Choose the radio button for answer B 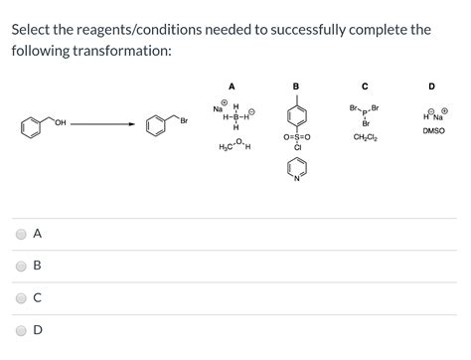click(22, 266)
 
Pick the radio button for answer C click(22, 297)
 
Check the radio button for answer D click(22, 329)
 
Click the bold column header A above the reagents click(232, 86)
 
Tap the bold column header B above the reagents click(296, 86)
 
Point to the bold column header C click(366, 86)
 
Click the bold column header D click(432, 86)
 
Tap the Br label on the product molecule click(184, 120)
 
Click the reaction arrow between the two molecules click(102, 124)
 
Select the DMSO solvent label click(433, 130)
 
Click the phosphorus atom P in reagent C click(366, 112)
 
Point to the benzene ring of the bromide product click(156, 126)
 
